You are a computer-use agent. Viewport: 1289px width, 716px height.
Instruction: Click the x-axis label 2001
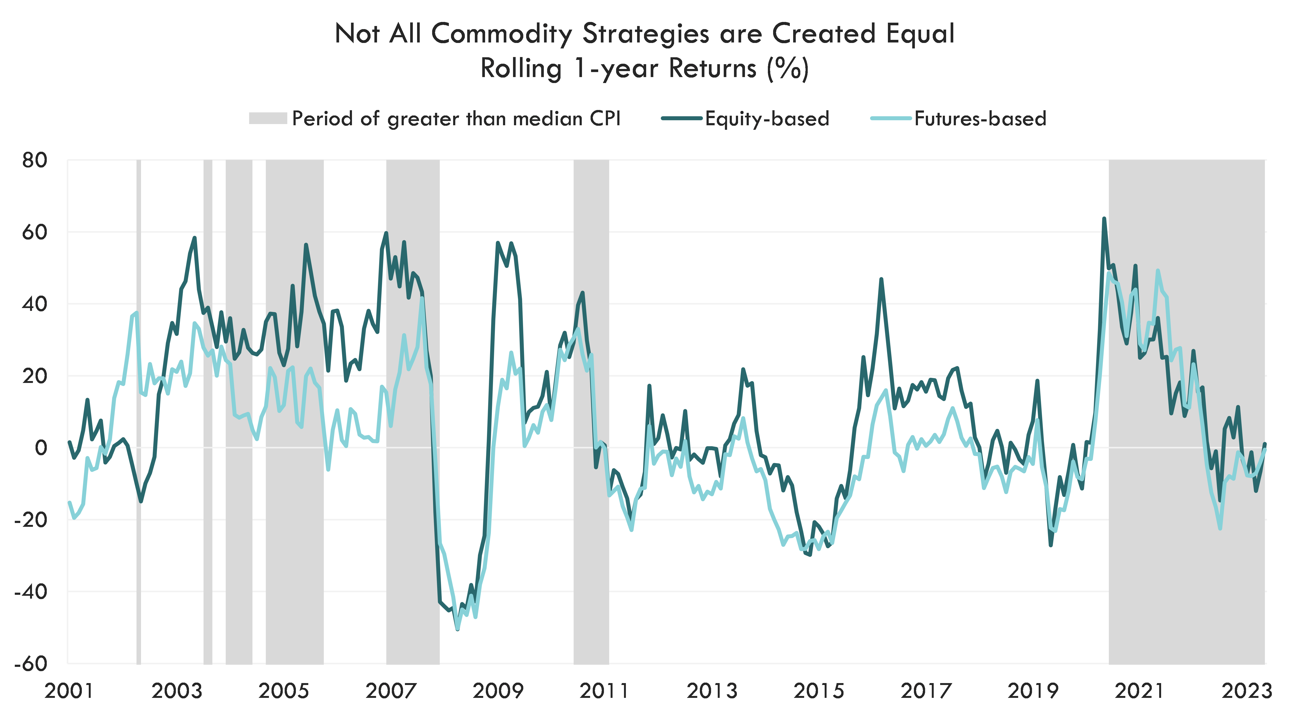[69, 691]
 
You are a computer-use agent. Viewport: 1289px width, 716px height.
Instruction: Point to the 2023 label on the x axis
[1247, 691]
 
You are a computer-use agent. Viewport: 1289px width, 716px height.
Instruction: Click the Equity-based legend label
[767, 119]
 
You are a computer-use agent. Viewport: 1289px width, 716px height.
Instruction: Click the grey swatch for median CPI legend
[268, 119]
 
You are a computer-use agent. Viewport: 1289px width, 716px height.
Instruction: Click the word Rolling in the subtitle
[520, 68]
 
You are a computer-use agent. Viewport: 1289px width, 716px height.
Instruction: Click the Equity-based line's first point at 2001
[69, 441]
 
